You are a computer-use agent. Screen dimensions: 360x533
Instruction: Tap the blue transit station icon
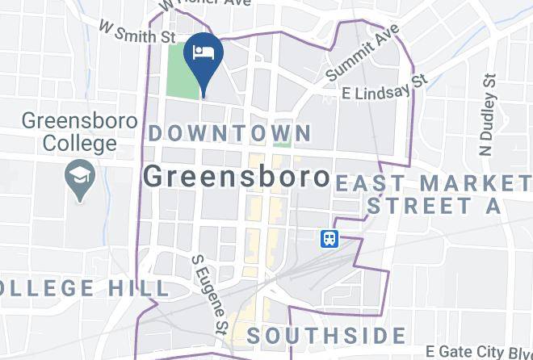point(329,239)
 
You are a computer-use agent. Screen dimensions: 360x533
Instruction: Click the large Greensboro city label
point(237,177)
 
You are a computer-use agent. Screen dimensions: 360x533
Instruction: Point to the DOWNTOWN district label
point(230,132)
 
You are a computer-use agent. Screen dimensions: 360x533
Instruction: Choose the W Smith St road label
point(136,32)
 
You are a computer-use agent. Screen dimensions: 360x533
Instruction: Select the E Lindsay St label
point(385,87)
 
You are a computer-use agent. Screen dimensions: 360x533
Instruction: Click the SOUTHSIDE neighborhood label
point(326,335)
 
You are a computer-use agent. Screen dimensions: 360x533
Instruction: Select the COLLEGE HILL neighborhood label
point(84,288)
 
